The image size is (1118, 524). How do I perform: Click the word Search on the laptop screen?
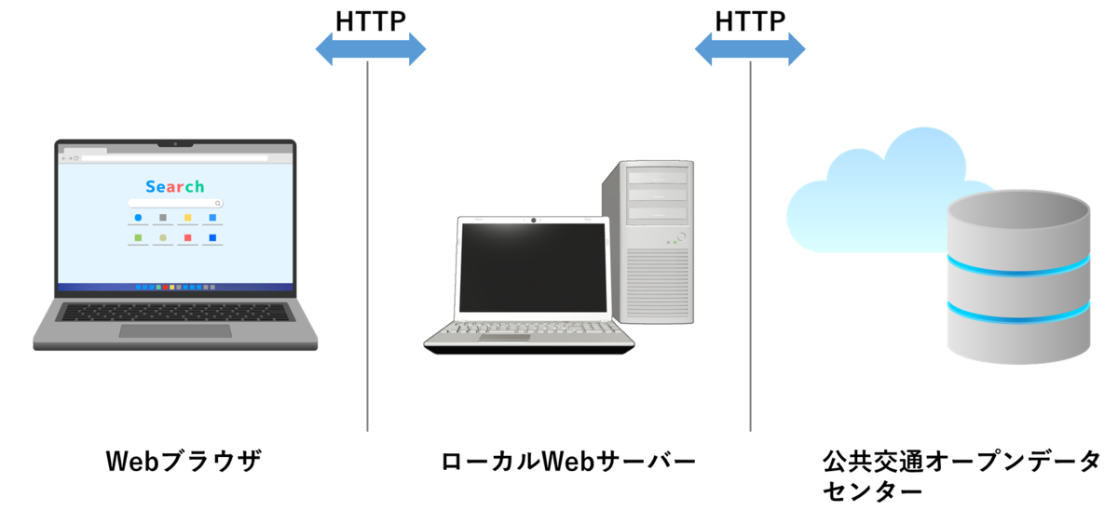point(175,186)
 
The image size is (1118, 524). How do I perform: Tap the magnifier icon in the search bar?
point(218,203)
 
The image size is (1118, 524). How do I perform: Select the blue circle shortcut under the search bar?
point(138,218)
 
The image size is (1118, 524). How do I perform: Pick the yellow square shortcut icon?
point(187,218)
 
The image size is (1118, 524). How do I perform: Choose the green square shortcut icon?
point(138,238)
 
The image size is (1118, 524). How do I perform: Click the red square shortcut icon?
point(187,238)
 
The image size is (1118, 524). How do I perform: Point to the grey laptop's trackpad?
point(175,331)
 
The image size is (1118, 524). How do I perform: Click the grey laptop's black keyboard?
point(175,312)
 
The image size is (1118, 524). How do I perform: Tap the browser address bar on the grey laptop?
point(175,158)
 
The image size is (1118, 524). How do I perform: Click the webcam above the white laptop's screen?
point(533,220)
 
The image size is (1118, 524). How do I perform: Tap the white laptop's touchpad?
point(505,337)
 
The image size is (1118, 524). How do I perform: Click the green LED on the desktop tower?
point(668,242)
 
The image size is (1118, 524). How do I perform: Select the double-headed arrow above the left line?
point(370,48)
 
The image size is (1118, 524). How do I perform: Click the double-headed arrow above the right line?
point(750,48)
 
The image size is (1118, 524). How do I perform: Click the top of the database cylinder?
point(1018,211)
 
